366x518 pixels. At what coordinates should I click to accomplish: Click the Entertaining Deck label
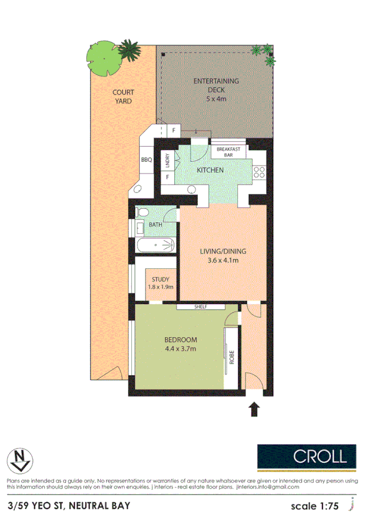(216, 89)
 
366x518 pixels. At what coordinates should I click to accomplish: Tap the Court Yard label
(123, 97)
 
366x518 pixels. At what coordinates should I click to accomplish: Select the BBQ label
(146, 160)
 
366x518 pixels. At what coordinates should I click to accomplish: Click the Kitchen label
(210, 170)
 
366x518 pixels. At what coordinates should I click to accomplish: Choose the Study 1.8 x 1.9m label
(161, 283)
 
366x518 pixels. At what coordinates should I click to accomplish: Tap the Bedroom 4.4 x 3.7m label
(180, 345)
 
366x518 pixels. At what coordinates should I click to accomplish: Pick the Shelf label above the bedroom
(202, 307)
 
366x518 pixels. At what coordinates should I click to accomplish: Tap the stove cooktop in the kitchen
(260, 172)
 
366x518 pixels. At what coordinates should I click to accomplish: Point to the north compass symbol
(19, 459)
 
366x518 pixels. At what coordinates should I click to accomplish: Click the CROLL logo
(306, 455)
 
